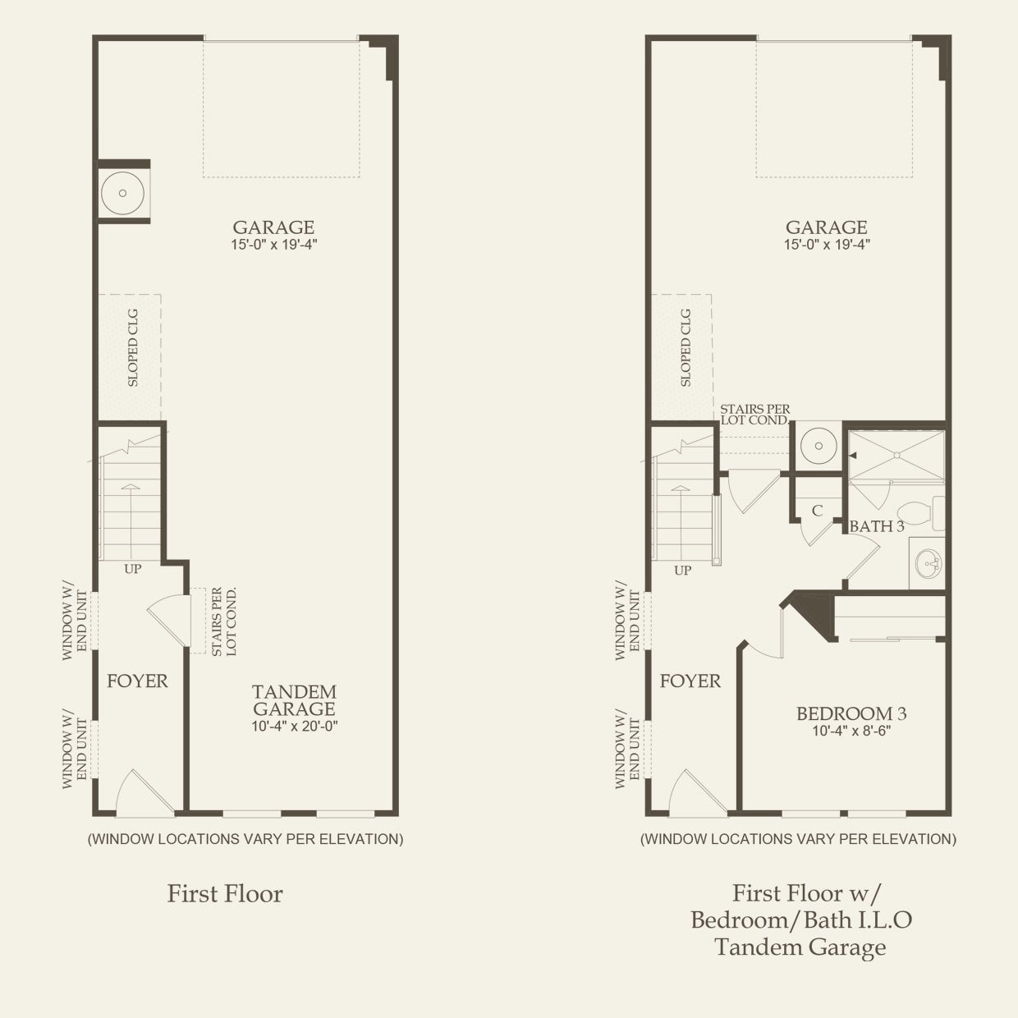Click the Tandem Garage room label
click(294, 700)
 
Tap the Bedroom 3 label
click(851, 713)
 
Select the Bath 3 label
click(876, 526)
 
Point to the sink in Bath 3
click(929, 564)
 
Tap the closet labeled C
click(817, 511)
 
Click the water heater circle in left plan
click(122, 194)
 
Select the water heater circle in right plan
click(818, 446)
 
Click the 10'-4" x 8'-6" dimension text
click(851, 731)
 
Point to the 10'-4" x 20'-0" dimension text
click(295, 726)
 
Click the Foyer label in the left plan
click(137, 681)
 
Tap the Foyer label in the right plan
click(690, 681)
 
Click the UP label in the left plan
click(132, 569)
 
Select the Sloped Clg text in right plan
click(686, 347)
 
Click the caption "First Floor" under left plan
click(225, 893)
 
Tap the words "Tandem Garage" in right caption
click(800, 947)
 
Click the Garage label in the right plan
click(826, 227)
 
